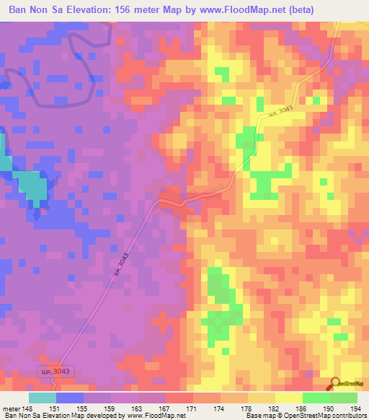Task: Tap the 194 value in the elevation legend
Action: (355, 408)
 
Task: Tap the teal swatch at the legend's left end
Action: (42, 398)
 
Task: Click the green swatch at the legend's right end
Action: (343, 398)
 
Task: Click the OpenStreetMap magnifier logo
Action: (336, 383)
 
